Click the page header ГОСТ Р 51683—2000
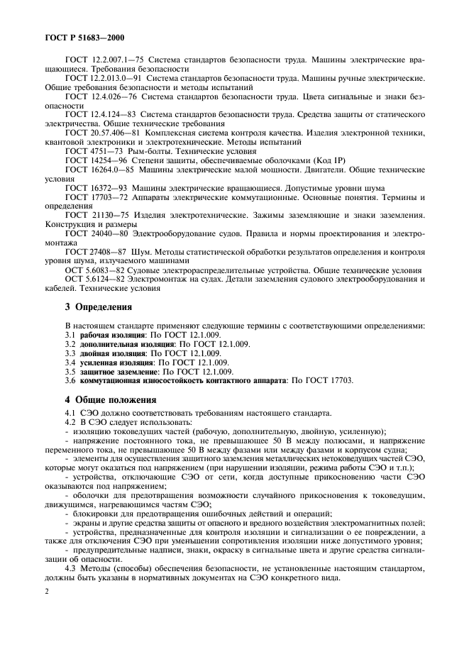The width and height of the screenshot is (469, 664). (84, 36)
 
